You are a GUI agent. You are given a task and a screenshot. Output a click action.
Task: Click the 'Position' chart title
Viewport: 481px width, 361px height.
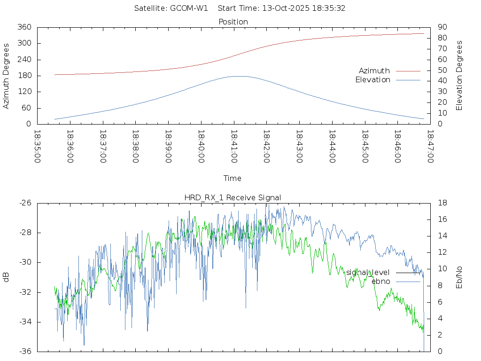[x=233, y=22]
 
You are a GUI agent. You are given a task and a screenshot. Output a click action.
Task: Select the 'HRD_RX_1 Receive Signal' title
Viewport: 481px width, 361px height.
[x=233, y=197]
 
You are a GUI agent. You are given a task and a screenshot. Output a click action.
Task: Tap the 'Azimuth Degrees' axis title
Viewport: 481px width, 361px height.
[x=7, y=76]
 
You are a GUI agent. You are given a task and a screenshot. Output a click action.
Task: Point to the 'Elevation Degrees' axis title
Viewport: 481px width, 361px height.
[x=459, y=76]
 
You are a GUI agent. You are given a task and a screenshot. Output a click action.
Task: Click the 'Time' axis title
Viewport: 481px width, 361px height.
[x=233, y=178]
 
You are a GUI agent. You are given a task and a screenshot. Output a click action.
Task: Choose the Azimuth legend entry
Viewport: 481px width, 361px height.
[x=374, y=71]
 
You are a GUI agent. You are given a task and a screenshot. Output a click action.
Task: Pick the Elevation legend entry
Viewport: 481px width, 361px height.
[x=372, y=80]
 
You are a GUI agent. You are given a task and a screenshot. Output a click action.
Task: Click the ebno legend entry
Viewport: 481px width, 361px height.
[x=380, y=281]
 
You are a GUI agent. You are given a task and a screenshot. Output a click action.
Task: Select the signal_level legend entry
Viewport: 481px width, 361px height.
[x=368, y=273]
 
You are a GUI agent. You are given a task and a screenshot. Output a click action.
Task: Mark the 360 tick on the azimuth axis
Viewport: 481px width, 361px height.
[x=24, y=27]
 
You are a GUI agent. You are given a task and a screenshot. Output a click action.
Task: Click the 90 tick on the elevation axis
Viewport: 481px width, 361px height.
[x=442, y=27]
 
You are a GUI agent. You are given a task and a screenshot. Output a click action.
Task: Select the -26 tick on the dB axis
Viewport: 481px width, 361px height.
[x=24, y=203]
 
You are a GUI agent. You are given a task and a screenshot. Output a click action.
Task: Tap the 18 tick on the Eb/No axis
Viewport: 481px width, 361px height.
[x=442, y=203]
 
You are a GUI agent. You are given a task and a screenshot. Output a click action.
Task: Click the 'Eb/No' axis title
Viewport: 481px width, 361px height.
[x=459, y=277]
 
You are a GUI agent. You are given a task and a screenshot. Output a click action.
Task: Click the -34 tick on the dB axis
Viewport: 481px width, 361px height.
[x=24, y=322]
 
